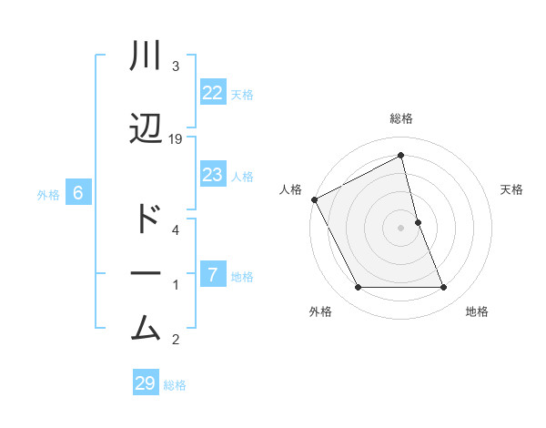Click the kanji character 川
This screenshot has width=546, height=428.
[x=146, y=57]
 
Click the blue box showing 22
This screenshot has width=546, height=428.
[x=212, y=93]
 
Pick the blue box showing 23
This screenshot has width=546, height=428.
[x=212, y=175]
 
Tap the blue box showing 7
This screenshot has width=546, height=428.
[x=212, y=274]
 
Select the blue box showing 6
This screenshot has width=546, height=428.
[x=78, y=193]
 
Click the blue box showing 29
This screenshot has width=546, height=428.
[x=145, y=383]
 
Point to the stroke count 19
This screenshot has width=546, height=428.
[x=176, y=139]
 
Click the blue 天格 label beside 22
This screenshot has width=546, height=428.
[x=242, y=94]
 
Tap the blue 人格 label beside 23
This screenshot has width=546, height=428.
[x=242, y=176]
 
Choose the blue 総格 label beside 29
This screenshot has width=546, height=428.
[x=175, y=385]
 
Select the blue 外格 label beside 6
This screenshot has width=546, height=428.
[x=48, y=194]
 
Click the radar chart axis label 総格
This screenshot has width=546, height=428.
[x=401, y=118]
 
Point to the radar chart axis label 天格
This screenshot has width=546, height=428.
[x=512, y=189]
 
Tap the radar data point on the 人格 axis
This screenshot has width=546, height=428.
[x=314, y=199]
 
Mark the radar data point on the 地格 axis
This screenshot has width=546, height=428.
[x=444, y=288]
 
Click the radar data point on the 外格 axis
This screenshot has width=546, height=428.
[x=358, y=288]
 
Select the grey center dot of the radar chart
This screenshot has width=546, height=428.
[x=401, y=227]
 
